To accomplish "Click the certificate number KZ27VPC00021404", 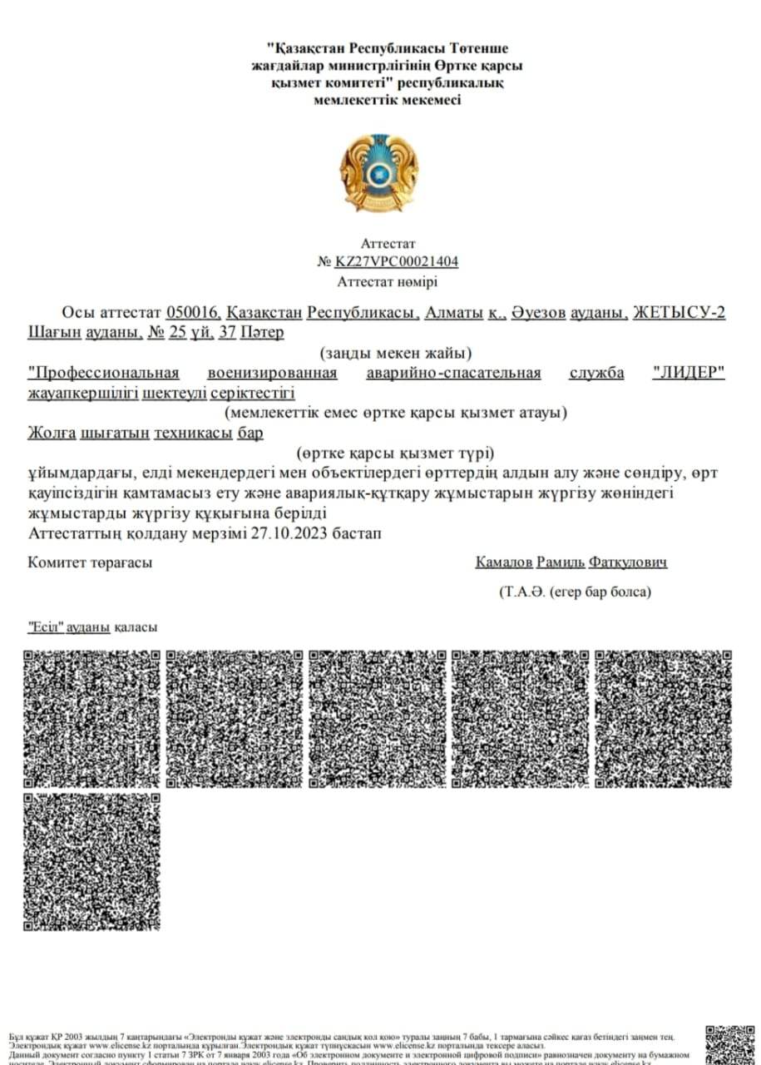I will (x=397, y=262).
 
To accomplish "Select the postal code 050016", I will (x=193, y=313).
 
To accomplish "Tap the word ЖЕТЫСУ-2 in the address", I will (x=679, y=313).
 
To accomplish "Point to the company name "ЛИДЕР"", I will (x=689, y=374).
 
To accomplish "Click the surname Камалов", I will (x=503, y=563).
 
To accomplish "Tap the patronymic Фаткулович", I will (x=628, y=563).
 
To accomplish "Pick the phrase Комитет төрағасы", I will (x=90, y=563).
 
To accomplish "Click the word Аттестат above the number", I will (x=388, y=244).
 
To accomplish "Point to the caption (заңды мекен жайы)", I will (x=396, y=354).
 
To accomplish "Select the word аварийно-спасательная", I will (x=453, y=374).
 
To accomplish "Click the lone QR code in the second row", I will (x=91, y=861).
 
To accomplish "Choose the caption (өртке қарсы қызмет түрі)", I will (x=396, y=453).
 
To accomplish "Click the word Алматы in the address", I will (x=454, y=313).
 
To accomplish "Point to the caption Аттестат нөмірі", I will (x=388, y=282).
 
